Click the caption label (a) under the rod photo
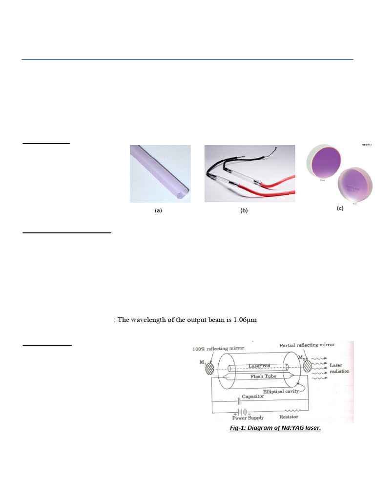tap(158, 211)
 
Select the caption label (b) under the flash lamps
tap(244, 211)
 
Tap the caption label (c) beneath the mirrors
tap(340, 208)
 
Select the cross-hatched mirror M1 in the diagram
tap(210, 367)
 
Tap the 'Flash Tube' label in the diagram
tap(263, 376)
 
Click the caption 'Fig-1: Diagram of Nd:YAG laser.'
tap(275, 429)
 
